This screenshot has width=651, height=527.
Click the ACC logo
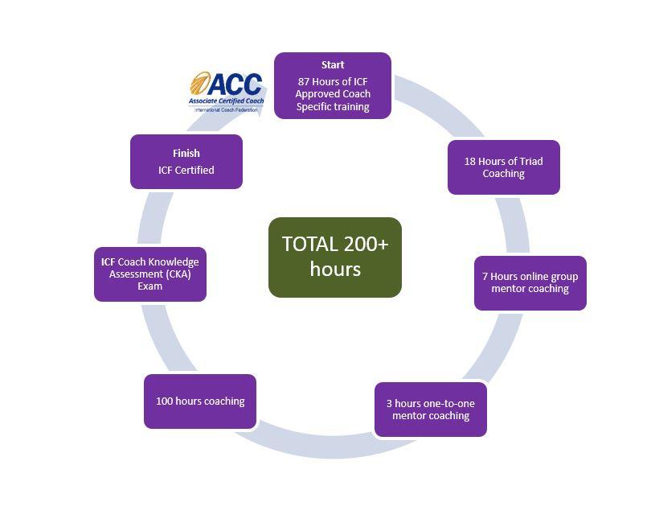click(x=227, y=90)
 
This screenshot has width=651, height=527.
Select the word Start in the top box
click(x=333, y=64)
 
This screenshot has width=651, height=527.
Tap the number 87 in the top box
click(x=305, y=81)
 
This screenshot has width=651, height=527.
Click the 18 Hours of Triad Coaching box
click(x=503, y=167)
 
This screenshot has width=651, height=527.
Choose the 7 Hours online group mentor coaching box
click(x=530, y=282)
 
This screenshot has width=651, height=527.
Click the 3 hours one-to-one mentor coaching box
click(x=431, y=410)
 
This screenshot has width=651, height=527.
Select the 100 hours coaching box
click(x=200, y=401)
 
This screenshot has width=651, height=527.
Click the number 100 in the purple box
click(x=165, y=401)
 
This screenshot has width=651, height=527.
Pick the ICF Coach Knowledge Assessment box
click(x=150, y=274)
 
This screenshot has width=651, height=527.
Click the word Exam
click(x=150, y=286)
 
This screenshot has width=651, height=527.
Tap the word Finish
click(x=186, y=153)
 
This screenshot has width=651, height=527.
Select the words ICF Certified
click(x=186, y=170)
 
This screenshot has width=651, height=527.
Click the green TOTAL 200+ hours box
click(x=334, y=257)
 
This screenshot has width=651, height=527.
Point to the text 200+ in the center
click(x=366, y=245)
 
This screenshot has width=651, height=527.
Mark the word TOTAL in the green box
click(x=309, y=245)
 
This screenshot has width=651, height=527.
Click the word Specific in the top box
click(x=317, y=106)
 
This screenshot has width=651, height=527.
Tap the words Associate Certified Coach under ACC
click(x=227, y=101)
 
